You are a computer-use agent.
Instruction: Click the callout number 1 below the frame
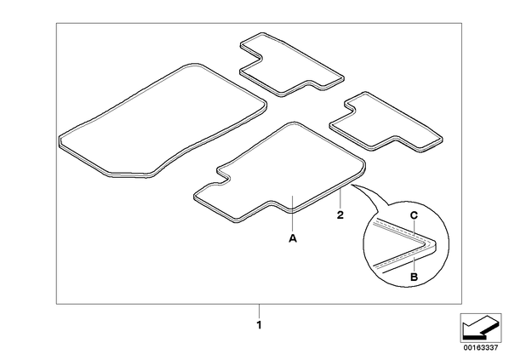pyautogui.click(x=259, y=325)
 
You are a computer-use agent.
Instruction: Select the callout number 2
pyautogui.click(x=340, y=215)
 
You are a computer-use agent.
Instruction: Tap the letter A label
pyautogui.click(x=293, y=238)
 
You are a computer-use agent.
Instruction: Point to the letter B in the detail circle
pyautogui.click(x=414, y=277)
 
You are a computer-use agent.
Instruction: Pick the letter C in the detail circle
pyautogui.click(x=414, y=215)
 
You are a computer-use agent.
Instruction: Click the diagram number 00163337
pyautogui.click(x=480, y=348)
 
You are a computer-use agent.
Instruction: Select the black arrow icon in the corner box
pyautogui.click(x=480, y=328)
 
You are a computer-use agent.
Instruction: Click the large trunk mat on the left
pyautogui.click(x=163, y=121)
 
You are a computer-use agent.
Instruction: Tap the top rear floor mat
pyautogui.click(x=291, y=65)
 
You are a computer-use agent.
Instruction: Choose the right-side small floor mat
pyautogui.click(x=386, y=122)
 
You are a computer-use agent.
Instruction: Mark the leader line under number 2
pyautogui.click(x=340, y=199)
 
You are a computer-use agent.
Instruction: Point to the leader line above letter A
pyautogui.click(x=293, y=214)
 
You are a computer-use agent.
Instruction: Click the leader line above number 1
pyautogui.click(x=259, y=311)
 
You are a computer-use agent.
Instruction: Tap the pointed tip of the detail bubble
pyautogui.click(x=352, y=185)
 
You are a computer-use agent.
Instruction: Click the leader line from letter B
pyautogui.click(x=414, y=264)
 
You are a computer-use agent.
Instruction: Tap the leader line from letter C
pyautogui.click(x=414, y=226)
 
